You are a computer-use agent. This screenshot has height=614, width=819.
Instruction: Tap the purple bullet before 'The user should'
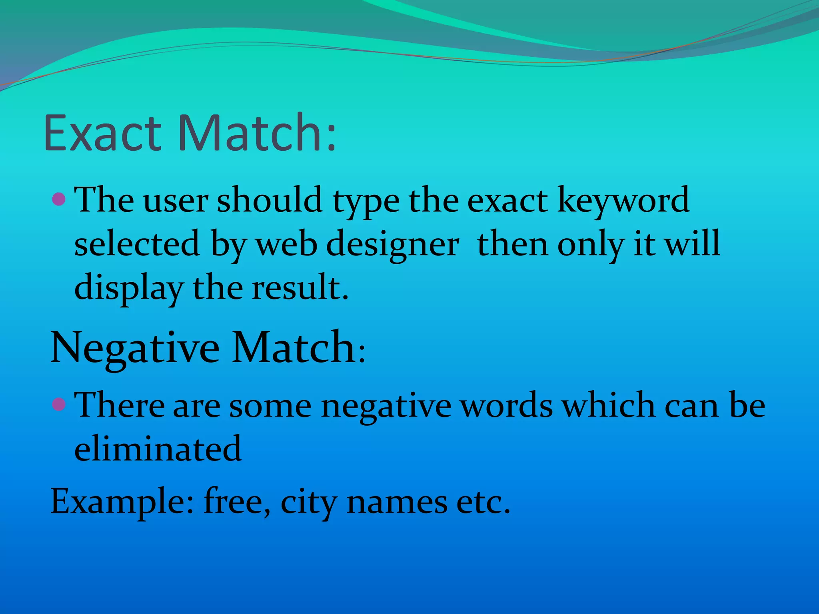[59, 199]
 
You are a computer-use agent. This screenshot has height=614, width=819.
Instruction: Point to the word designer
[393, 245]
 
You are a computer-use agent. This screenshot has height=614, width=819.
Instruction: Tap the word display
[129, 289]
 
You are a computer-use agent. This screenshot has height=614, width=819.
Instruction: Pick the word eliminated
[158, 449]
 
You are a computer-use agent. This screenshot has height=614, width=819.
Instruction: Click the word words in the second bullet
[507, 405]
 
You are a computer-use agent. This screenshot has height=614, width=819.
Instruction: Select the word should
[270, 200]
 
